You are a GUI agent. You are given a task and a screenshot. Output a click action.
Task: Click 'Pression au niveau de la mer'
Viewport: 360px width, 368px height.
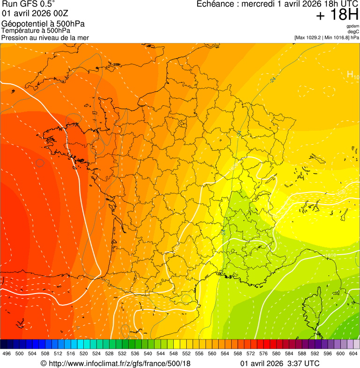[45, 37]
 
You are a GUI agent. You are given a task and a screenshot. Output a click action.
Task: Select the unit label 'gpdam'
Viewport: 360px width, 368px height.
[353, 26]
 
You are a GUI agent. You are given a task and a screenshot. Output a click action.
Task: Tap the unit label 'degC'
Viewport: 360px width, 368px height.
[353, 32]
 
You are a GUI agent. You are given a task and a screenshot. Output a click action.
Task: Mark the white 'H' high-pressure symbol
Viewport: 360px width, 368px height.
[350, 74]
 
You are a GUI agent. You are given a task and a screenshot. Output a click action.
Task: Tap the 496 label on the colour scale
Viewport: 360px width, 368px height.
[7, 353]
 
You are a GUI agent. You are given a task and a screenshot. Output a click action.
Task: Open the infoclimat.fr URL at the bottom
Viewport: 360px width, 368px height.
[116, 363]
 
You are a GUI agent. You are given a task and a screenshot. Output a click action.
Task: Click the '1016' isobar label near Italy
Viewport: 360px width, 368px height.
[331, 255]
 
